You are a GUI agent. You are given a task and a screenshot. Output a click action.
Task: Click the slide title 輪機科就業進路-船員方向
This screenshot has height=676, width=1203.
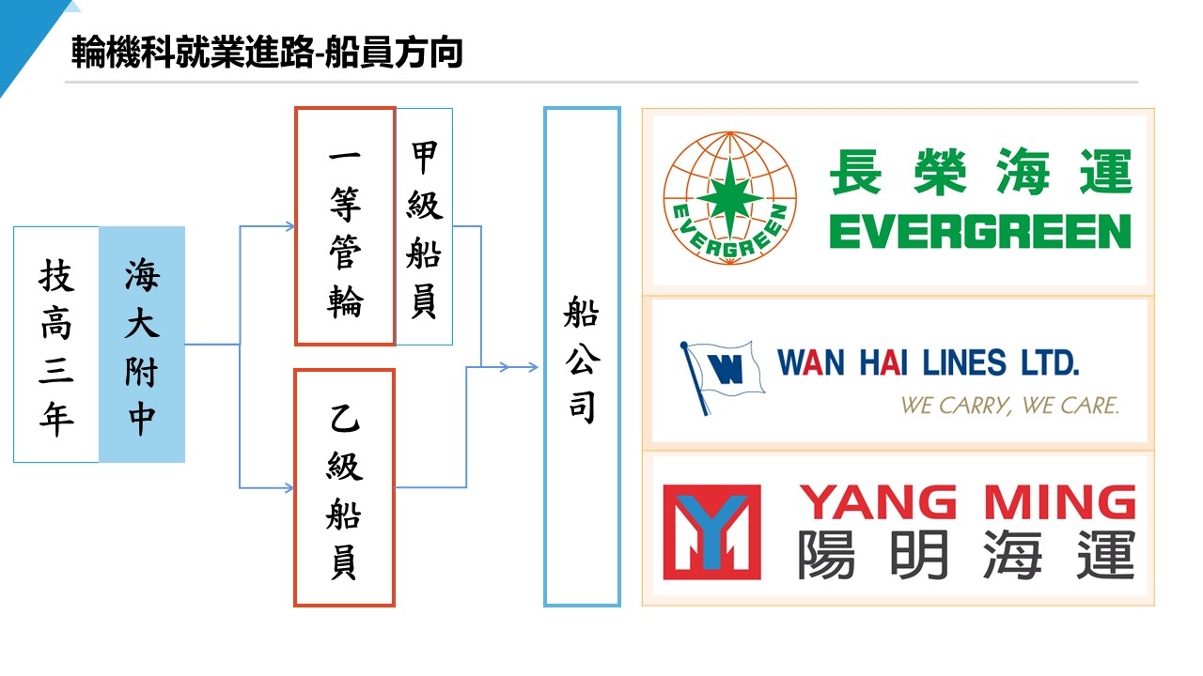tap(268, 54)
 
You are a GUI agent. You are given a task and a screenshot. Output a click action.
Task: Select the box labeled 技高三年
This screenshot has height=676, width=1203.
tap(56, 345)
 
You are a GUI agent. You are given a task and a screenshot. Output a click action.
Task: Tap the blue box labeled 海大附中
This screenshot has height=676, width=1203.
tap(142, 345)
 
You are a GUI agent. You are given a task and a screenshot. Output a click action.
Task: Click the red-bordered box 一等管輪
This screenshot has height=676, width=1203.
tap(345, 226)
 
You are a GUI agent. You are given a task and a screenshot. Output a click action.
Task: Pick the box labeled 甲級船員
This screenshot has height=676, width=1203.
tap(424, 226)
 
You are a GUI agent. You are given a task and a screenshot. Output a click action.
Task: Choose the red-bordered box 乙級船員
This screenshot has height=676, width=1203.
tap(345, 487)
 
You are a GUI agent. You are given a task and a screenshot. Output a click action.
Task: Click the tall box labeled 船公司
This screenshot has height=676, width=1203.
tap(582, 357)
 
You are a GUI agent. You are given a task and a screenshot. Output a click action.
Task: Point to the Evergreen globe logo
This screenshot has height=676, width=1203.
tap(729, 200)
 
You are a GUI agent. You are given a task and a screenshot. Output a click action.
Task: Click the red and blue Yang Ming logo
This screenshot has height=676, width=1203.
tap(711, 531)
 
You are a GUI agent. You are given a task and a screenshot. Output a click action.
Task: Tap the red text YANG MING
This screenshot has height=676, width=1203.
tap(967, 503)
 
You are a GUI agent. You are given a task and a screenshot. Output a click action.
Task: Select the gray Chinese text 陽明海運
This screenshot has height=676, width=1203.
tap(967, 556)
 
